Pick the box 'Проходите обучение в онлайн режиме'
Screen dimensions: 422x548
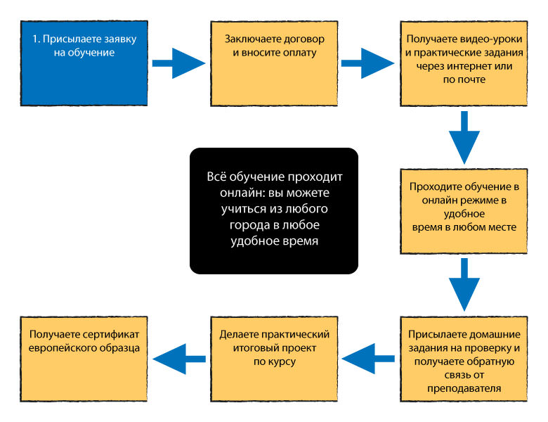point(463,212)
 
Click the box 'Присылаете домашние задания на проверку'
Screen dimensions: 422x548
point(463,359)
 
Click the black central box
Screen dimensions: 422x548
point(274,210)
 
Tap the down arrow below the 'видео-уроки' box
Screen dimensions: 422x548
point(464,137)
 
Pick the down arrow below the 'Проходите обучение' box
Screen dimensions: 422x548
point(464,284)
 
